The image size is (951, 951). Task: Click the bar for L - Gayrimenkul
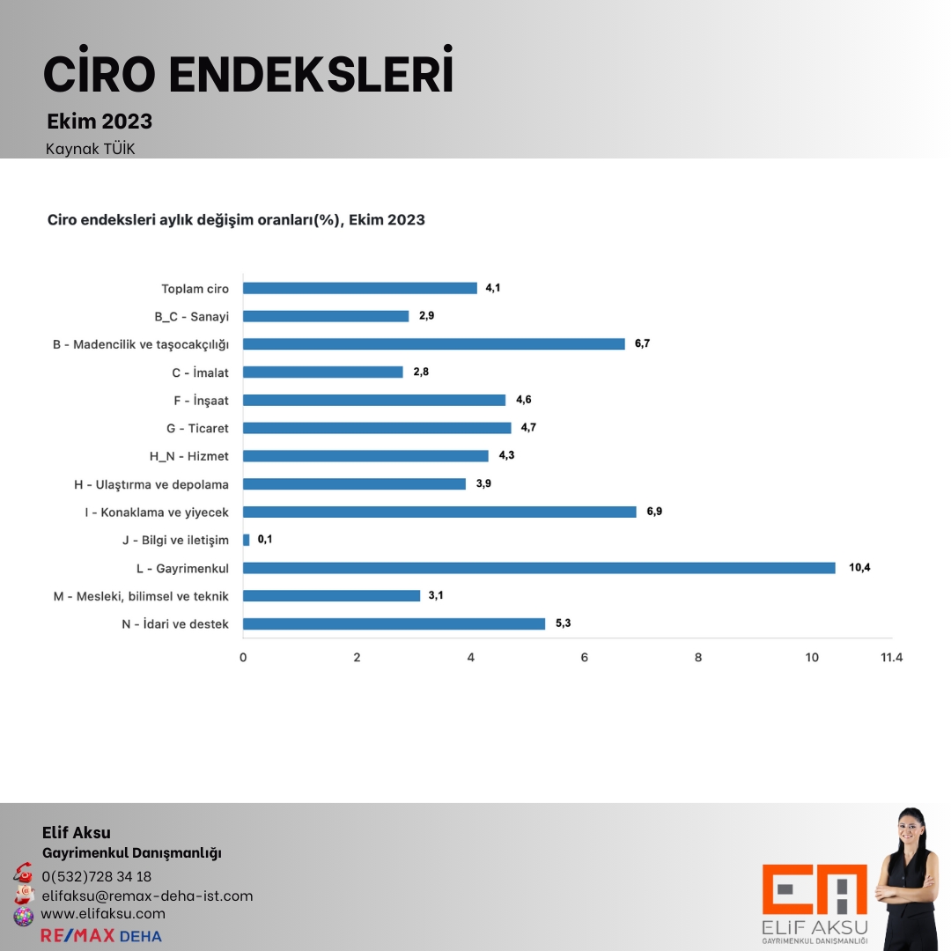[539, 568]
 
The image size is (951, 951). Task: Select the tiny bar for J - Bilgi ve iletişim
[247, 540]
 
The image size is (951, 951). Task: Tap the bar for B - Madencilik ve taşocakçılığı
[433, 343]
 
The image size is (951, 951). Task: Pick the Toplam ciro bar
[359, 288]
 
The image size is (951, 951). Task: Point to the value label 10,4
[859, 568]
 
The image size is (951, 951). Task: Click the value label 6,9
[654, 512]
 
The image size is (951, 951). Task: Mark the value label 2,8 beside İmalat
[421, 372]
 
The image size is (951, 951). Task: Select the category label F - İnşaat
[201, 401]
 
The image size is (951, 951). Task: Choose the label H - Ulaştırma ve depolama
[151, 484]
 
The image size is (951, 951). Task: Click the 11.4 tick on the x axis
[892, 657]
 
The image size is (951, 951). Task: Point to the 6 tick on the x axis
[585, 657]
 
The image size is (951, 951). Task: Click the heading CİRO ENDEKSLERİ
[248, 74]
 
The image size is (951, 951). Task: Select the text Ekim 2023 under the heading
[100, 122]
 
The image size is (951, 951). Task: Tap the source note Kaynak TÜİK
[91, 149]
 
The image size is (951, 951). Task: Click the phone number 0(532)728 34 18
[97, 876]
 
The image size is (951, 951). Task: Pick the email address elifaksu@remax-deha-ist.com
[147, 896]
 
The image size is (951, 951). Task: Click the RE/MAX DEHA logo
[101, 935]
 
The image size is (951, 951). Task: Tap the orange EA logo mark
[815, 889]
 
